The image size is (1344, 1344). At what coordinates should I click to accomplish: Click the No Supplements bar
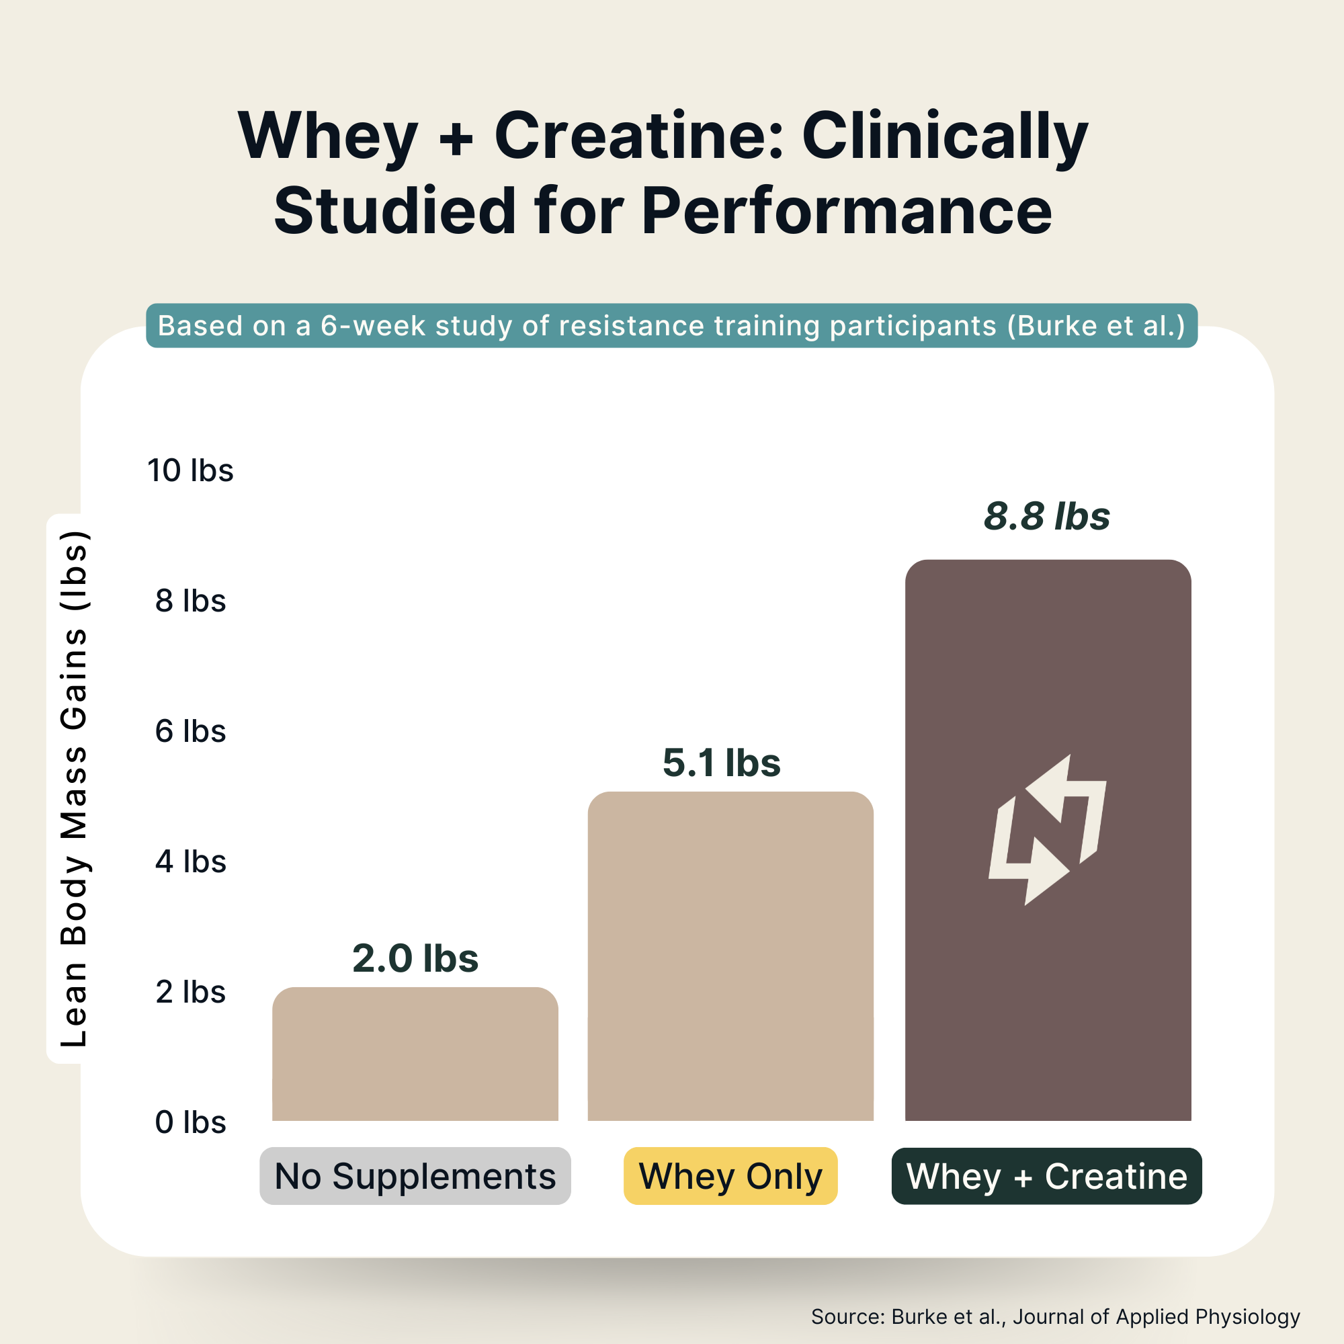(x=415, y=1054)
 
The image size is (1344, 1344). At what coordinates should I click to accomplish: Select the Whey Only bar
(x=730, y=956)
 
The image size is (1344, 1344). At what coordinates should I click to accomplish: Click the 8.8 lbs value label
(x=1046, y=516)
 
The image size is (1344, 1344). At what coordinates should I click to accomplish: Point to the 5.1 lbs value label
(x=721, y=763)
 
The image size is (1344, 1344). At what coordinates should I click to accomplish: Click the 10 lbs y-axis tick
(x=190, y=470)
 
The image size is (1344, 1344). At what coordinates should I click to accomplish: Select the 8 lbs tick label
(x=190, y=600)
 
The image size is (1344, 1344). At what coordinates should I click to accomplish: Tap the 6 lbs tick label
(x=190, y=731)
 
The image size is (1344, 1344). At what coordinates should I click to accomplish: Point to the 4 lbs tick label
(x=190, y=862)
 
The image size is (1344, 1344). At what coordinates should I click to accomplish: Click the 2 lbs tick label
(x=190, y=991)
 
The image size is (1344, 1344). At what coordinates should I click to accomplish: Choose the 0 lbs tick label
(x=190, y=1122)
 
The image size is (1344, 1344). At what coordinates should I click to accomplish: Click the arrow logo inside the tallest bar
(x=1047, y=829)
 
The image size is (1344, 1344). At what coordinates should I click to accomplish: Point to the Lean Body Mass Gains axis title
(x=73, y=788)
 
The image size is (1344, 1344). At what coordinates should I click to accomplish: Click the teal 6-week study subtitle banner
(x=671, y=325)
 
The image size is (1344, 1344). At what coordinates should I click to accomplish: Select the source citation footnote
(x=1055, y=1316)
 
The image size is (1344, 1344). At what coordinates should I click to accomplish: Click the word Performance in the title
(x=846, y=211)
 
